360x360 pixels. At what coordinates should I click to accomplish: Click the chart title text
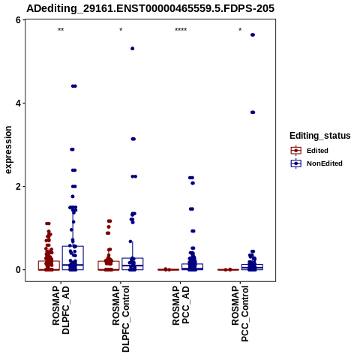pos(151,8)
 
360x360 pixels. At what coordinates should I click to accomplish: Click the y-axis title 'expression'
pos(8,150)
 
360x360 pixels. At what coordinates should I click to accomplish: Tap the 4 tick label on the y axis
pos(18,103)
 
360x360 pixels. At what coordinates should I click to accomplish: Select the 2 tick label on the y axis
pos(18,187)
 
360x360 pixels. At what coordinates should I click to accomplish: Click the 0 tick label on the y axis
pos(18,270)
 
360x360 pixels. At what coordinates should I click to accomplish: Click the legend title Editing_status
pos(319,136)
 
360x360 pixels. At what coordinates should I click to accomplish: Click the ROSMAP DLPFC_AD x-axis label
pos(61,310)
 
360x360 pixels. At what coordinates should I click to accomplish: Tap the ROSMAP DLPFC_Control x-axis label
pos(121,319)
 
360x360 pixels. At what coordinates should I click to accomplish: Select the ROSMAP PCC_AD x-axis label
pos(181,305)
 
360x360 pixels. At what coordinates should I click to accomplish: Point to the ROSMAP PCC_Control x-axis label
pos(240,313)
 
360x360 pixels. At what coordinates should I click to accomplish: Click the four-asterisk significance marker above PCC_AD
pos(181,30)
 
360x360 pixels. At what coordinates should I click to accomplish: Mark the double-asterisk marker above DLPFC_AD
pos(61,30)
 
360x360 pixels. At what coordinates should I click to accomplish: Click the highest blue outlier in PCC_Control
pos(253,35)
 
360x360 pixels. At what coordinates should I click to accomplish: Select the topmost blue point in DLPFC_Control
pos(133,49)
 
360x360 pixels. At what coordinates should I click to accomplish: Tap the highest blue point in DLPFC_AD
pos(74,86)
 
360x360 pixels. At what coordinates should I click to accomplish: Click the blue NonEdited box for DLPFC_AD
pos(73,258)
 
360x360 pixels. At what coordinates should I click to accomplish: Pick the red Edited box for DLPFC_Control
pos(109,265)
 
